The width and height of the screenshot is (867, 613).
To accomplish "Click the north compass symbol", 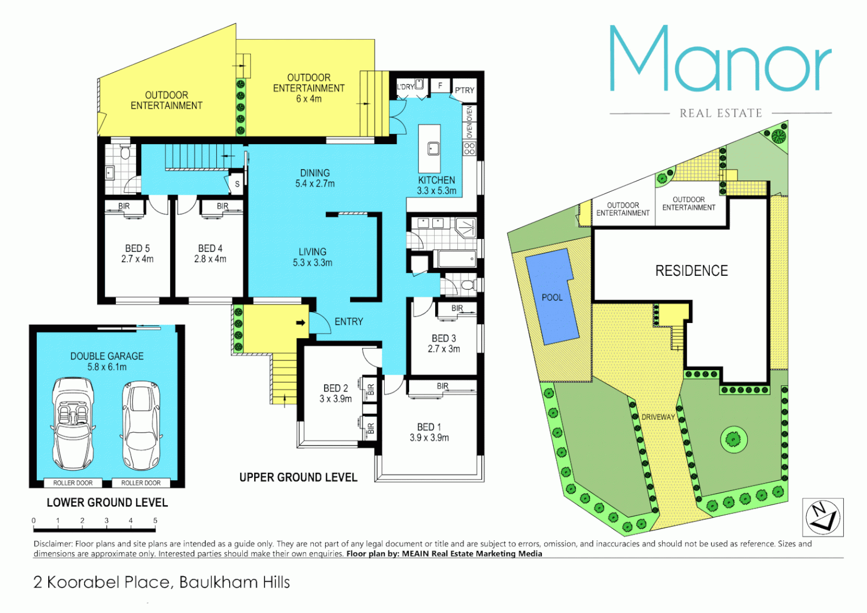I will click(822, 517).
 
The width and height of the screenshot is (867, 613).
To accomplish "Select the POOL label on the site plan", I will click(552, 297).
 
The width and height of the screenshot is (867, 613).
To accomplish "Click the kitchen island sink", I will click(433, 149).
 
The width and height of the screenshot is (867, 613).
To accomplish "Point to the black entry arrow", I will click(301, 322).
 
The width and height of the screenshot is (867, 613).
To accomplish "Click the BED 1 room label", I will click(429, 432).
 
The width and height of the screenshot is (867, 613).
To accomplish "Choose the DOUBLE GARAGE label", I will click(107, 361).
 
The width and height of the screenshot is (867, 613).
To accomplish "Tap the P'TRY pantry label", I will click(464, 90).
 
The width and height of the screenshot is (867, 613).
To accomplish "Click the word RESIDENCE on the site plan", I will click(691, 271).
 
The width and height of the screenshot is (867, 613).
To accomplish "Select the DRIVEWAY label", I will click(658, 417).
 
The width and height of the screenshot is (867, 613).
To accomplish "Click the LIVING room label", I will click(313, 257).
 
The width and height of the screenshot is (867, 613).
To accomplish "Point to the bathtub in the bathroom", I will click(457, 260).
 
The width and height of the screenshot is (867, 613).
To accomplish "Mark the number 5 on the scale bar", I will click(155, 520).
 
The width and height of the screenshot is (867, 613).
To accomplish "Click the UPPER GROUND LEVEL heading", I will click(298, 477).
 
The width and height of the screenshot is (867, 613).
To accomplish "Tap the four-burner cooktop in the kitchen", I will click(469, 149).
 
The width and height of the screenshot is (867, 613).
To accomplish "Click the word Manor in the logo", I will click(720, 60).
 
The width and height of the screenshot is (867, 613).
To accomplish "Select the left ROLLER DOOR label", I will click(73, 483).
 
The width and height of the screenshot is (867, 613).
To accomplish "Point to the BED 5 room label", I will click(137, 254).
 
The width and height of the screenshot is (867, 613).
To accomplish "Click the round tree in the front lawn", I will click(734, 439).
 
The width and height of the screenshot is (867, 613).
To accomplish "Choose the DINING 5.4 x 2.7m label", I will click(315, 178).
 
